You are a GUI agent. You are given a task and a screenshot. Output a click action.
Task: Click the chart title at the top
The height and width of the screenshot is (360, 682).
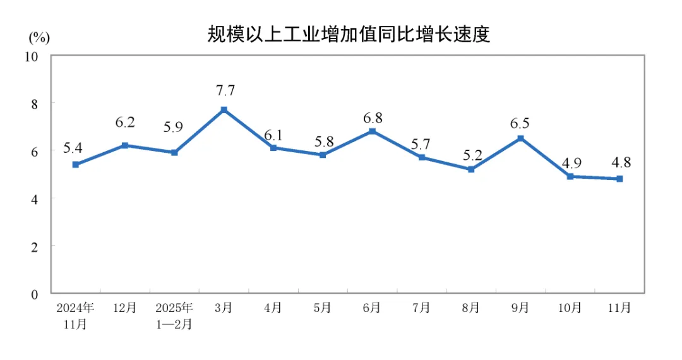[349, 34]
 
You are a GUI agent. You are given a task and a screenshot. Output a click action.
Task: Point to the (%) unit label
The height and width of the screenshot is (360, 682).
[39, 37]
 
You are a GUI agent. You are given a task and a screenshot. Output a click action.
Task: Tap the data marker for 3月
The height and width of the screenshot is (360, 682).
[224, 110]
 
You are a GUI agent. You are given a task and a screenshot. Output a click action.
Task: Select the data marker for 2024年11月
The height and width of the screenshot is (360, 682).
[76, 164]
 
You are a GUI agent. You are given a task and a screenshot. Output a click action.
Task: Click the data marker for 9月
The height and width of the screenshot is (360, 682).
[520, 138]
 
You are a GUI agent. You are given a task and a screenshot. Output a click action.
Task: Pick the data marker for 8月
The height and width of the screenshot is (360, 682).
[471, 169]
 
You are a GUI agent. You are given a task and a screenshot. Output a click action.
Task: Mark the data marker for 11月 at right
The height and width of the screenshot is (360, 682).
[619, 179]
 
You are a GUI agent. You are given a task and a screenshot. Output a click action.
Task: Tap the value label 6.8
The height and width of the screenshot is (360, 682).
[372, 118]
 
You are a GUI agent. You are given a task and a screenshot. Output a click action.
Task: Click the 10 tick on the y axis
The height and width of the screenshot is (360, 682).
[32, 56]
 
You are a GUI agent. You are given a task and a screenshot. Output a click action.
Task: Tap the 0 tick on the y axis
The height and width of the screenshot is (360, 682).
[35, 294]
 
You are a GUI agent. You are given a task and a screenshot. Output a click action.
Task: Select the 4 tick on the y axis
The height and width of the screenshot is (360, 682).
[35, 198]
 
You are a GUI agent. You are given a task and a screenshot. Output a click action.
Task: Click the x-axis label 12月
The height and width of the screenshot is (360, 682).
[125, 308]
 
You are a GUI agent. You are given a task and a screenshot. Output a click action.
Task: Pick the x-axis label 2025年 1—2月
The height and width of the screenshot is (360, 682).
[174, 316]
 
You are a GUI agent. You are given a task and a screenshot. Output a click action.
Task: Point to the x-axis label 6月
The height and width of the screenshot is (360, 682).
[372, 308]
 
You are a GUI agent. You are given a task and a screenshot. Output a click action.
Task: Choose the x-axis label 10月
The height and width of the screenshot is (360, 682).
[570, 308]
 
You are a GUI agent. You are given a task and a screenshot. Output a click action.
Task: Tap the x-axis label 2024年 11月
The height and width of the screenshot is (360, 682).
[76, 316]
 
